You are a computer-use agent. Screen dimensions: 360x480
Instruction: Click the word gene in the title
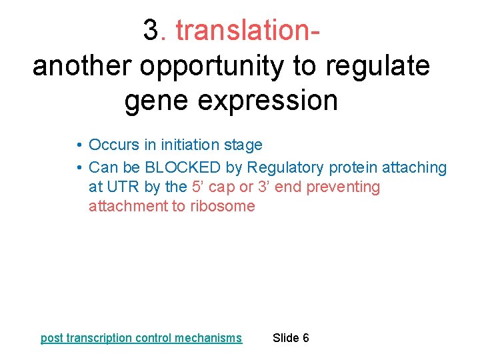click(154, 101)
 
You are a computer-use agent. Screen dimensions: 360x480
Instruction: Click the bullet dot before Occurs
click(79, 145)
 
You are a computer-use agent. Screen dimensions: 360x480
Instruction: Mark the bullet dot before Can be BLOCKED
click(79, 167)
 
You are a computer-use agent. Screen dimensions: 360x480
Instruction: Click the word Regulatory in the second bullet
click(285, 167)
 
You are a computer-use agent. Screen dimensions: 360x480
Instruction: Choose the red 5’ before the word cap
click(199, 187)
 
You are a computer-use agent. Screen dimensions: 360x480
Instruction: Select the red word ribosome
click(223, 206)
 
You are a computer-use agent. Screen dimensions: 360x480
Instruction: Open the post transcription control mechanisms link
click(141, 338)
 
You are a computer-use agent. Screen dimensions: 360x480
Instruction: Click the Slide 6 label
click(291, 338)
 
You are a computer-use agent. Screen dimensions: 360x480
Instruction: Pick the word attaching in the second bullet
click(413, 167)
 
